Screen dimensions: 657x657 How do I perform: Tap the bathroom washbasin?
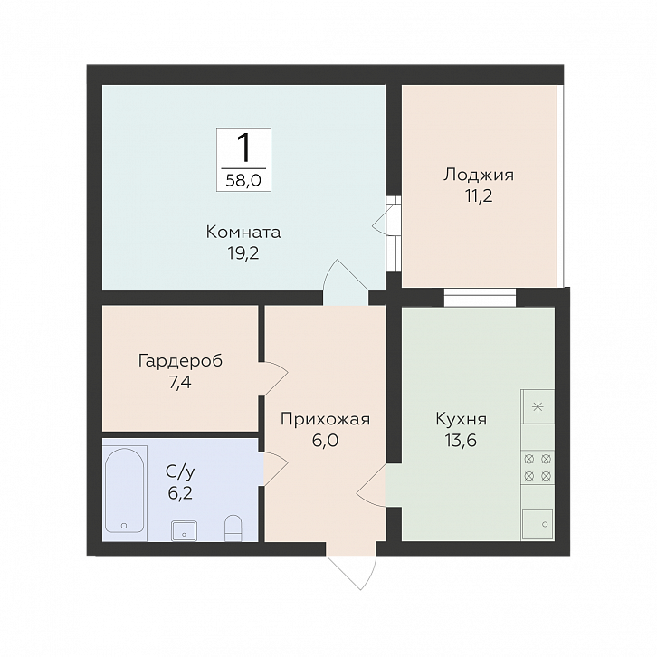point(184,530)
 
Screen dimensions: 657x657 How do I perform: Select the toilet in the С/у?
point(233,528)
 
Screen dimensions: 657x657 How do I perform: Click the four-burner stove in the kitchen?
point(538,468)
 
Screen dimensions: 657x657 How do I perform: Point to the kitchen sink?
point(537,524)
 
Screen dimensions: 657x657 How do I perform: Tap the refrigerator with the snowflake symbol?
point(538,406)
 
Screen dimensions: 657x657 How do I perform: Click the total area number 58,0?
point(243,181)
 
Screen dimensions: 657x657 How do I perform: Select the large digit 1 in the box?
point(243,148)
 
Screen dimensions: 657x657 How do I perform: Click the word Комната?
point(243,232)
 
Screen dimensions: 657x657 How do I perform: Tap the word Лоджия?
point(479,175)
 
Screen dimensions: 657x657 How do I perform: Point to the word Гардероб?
point(181,360)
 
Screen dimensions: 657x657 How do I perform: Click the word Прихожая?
point(325,419)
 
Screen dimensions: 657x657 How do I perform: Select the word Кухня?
point(462,419)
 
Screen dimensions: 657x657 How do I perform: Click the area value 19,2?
point(243,253)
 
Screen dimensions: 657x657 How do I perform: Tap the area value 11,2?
point(479,195)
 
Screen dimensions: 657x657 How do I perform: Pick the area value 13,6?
point(461,441)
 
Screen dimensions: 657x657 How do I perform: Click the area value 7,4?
point(180,382)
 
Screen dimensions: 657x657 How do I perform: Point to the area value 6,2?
point(180,493)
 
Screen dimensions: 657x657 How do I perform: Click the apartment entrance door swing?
point(353,570)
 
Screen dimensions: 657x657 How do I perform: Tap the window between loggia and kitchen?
point(480,298)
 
